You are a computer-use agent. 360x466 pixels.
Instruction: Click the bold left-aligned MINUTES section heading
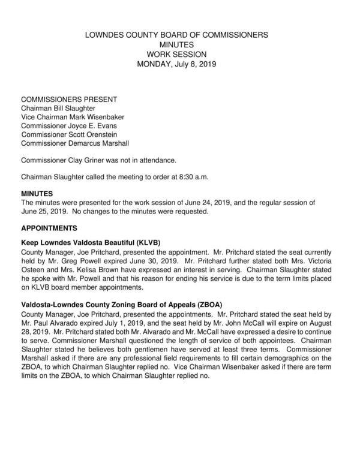coord(38,195)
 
